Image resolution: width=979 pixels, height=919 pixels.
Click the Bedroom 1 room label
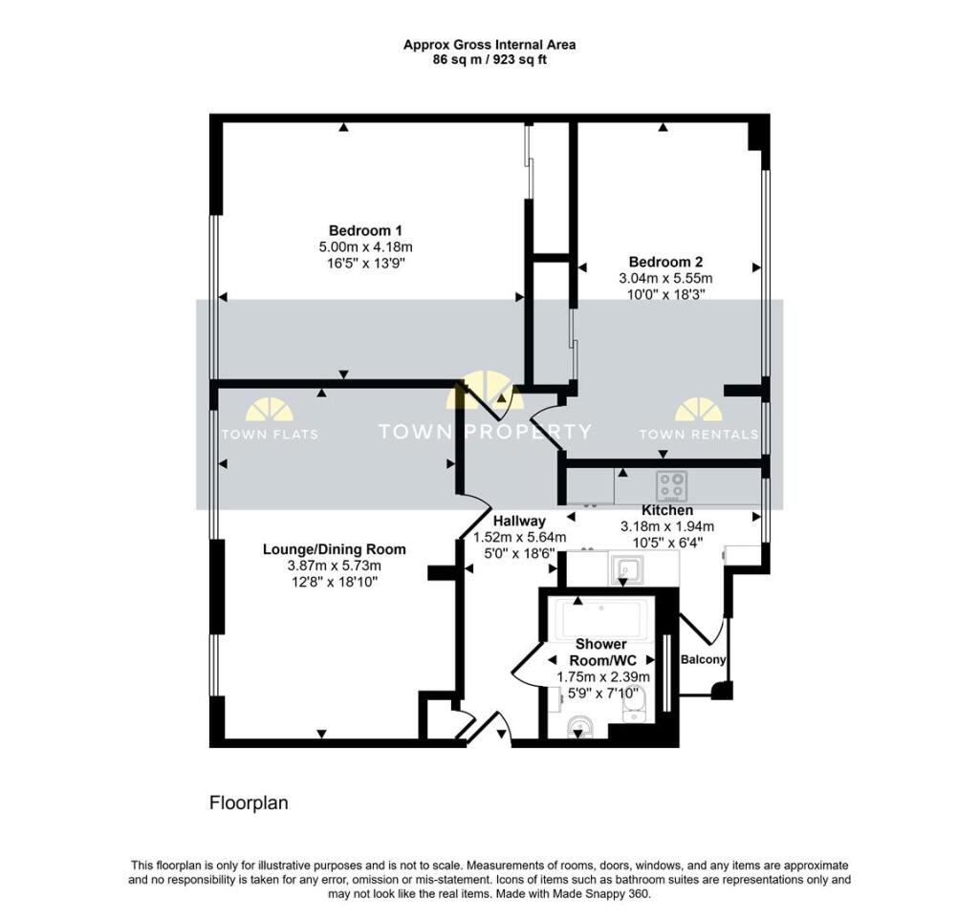click(365, 230)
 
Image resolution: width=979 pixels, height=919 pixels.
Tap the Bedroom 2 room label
click(665, 262)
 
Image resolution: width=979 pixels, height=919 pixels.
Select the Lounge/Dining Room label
click(334, 549)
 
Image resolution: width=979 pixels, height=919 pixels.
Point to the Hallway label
click(519, 521)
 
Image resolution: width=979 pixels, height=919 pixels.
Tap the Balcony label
click(703, 659)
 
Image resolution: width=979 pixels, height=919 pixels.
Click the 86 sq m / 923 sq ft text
click(489, 59)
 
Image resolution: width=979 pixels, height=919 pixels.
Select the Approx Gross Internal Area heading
click(489, 44)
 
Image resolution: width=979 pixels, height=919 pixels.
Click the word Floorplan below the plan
click(249, 803)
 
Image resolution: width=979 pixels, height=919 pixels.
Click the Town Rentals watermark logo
click(698, 421)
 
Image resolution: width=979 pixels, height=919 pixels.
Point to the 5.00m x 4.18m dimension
click(365, 246)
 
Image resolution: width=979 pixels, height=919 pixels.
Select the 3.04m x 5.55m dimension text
click(665, 278)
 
